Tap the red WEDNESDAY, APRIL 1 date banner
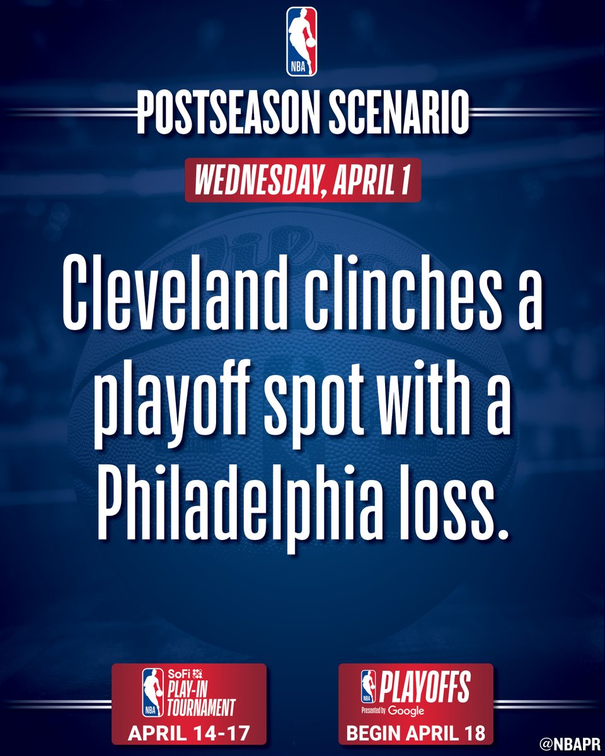pyautogui.click(x=302, y=180)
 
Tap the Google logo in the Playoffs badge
pyautogui.click(x=407, y=711)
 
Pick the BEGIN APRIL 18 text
pyautogui.click(x=416, y=733)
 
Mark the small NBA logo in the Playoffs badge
pyautogui.click(x=368, y=687)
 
